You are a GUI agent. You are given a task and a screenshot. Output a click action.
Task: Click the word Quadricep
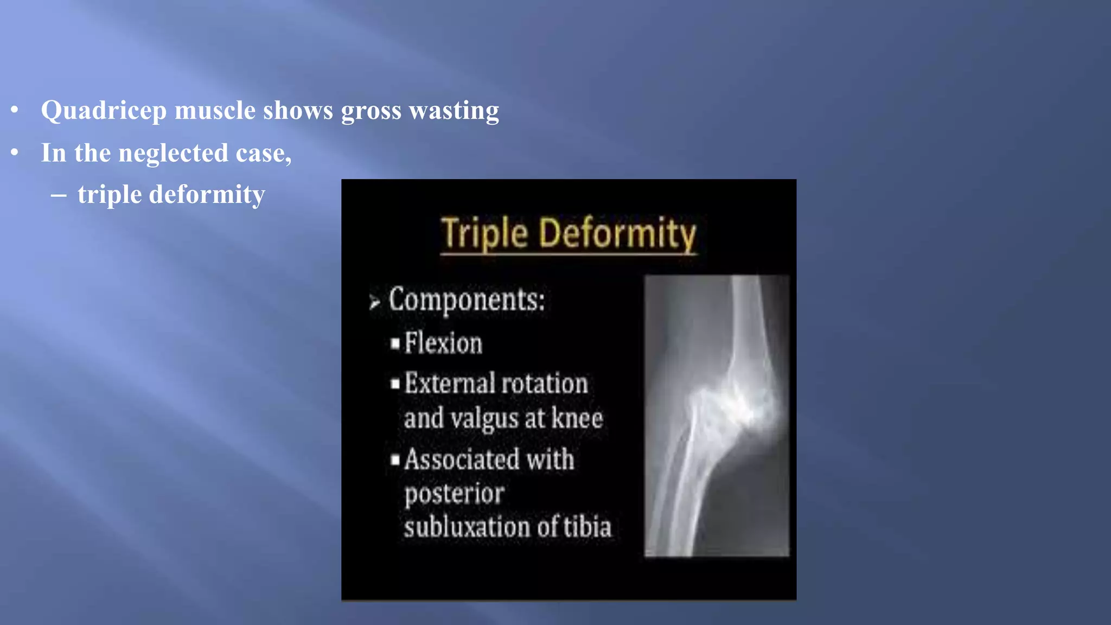coord(104,111)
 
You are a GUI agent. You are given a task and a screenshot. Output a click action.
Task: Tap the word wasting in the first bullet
coord(454,110)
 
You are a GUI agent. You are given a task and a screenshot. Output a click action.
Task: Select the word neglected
coord(173,153)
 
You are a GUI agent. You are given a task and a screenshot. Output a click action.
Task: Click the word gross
coord(371,111)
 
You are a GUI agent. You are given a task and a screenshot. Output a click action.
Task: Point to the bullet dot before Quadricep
coord(15,111)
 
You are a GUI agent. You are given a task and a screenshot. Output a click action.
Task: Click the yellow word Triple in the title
coord(484,233)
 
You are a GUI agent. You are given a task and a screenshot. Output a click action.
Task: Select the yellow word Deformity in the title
coord(617,233)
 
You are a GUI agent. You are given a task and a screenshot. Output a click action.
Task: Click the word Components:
coord(467,299)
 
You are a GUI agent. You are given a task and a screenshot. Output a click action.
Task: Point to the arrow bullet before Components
coord(374,302)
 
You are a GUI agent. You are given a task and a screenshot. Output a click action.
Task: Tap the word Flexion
coord(443,343)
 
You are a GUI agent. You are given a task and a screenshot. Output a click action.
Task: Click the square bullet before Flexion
coord(395,343)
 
